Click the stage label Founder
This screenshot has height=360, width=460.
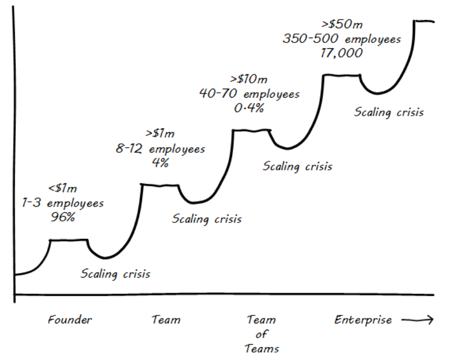coord(70,320)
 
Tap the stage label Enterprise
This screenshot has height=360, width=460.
coord(363,320)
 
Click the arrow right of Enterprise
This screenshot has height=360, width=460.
coord(418,320)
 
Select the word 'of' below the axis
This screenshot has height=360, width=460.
coord(262,334)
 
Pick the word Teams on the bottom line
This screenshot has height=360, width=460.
coord(262,348)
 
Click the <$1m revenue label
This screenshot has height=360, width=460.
coord(63,188)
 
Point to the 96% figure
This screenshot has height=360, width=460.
coord(63,217)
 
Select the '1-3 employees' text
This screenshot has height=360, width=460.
coord(63,203)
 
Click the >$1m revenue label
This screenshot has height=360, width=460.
coord(160,134)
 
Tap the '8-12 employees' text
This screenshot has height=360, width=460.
coord(160,149)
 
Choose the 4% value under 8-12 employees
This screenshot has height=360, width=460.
coord(160,162)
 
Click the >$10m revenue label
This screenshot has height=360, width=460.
coord(249,79)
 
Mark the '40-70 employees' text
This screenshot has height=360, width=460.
coord(249,94)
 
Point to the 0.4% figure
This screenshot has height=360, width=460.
coord(249,108)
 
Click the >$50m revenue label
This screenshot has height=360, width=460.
coord(342,24)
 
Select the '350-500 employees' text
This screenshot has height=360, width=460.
coord(342,39)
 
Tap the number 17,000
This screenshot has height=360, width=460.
coord(342,53)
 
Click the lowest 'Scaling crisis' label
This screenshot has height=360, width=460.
coord(115,274)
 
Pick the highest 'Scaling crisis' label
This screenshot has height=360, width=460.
coord(389,112)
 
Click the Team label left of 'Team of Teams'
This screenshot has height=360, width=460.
coord(166,320)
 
